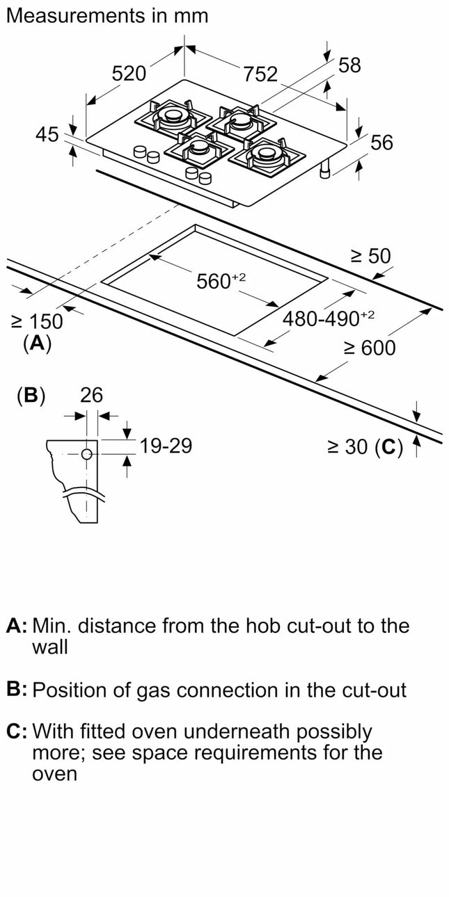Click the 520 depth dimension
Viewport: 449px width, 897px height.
(x=130, y=73)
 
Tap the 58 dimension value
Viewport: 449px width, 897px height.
(x=349, y=65)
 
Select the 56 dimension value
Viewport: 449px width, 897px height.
(x=381, y=143)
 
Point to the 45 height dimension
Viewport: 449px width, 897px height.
(x=47, y=135)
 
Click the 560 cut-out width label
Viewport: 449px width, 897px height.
(x=212, y=281)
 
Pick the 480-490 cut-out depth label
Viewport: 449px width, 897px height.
(x=328, y=318)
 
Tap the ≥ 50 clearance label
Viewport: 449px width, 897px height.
(x=370, y=257)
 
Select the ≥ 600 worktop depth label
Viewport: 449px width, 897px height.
(x=369, y=348)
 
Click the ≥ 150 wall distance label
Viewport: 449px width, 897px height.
(x=37, y=321)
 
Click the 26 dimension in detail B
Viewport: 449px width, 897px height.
(x=91, y=396)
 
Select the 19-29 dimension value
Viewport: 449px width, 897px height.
(x=166, y=446)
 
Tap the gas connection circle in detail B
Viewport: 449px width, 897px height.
(x=87, y=454)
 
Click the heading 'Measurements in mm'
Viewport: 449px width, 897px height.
(x=107, y=16)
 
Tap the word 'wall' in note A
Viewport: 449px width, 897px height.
(x=50, y=647)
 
